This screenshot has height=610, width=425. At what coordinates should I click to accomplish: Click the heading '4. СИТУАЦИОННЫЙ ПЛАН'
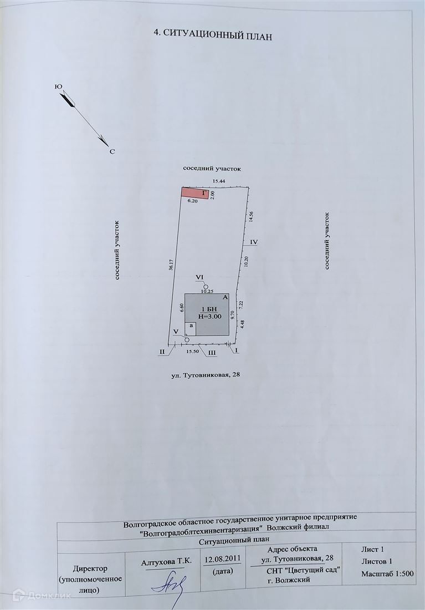coord(213,33)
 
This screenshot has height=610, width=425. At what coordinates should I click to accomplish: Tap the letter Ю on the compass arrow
coord(58,87)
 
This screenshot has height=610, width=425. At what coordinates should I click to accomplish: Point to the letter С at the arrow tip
coord(111,151)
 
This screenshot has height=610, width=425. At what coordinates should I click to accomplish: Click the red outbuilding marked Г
coord(195,192)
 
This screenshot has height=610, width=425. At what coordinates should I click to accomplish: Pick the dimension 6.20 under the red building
coord(192,201)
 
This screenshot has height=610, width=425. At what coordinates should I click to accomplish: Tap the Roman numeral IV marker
coord(254,242)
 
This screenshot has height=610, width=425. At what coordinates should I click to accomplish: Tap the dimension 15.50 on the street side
coord(192,352)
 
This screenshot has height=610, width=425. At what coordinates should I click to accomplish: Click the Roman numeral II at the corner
coord(162,352)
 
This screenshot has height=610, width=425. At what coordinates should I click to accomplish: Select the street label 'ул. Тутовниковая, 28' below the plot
coord(207,375)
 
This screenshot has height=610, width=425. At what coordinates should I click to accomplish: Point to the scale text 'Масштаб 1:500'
coord(388,573)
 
